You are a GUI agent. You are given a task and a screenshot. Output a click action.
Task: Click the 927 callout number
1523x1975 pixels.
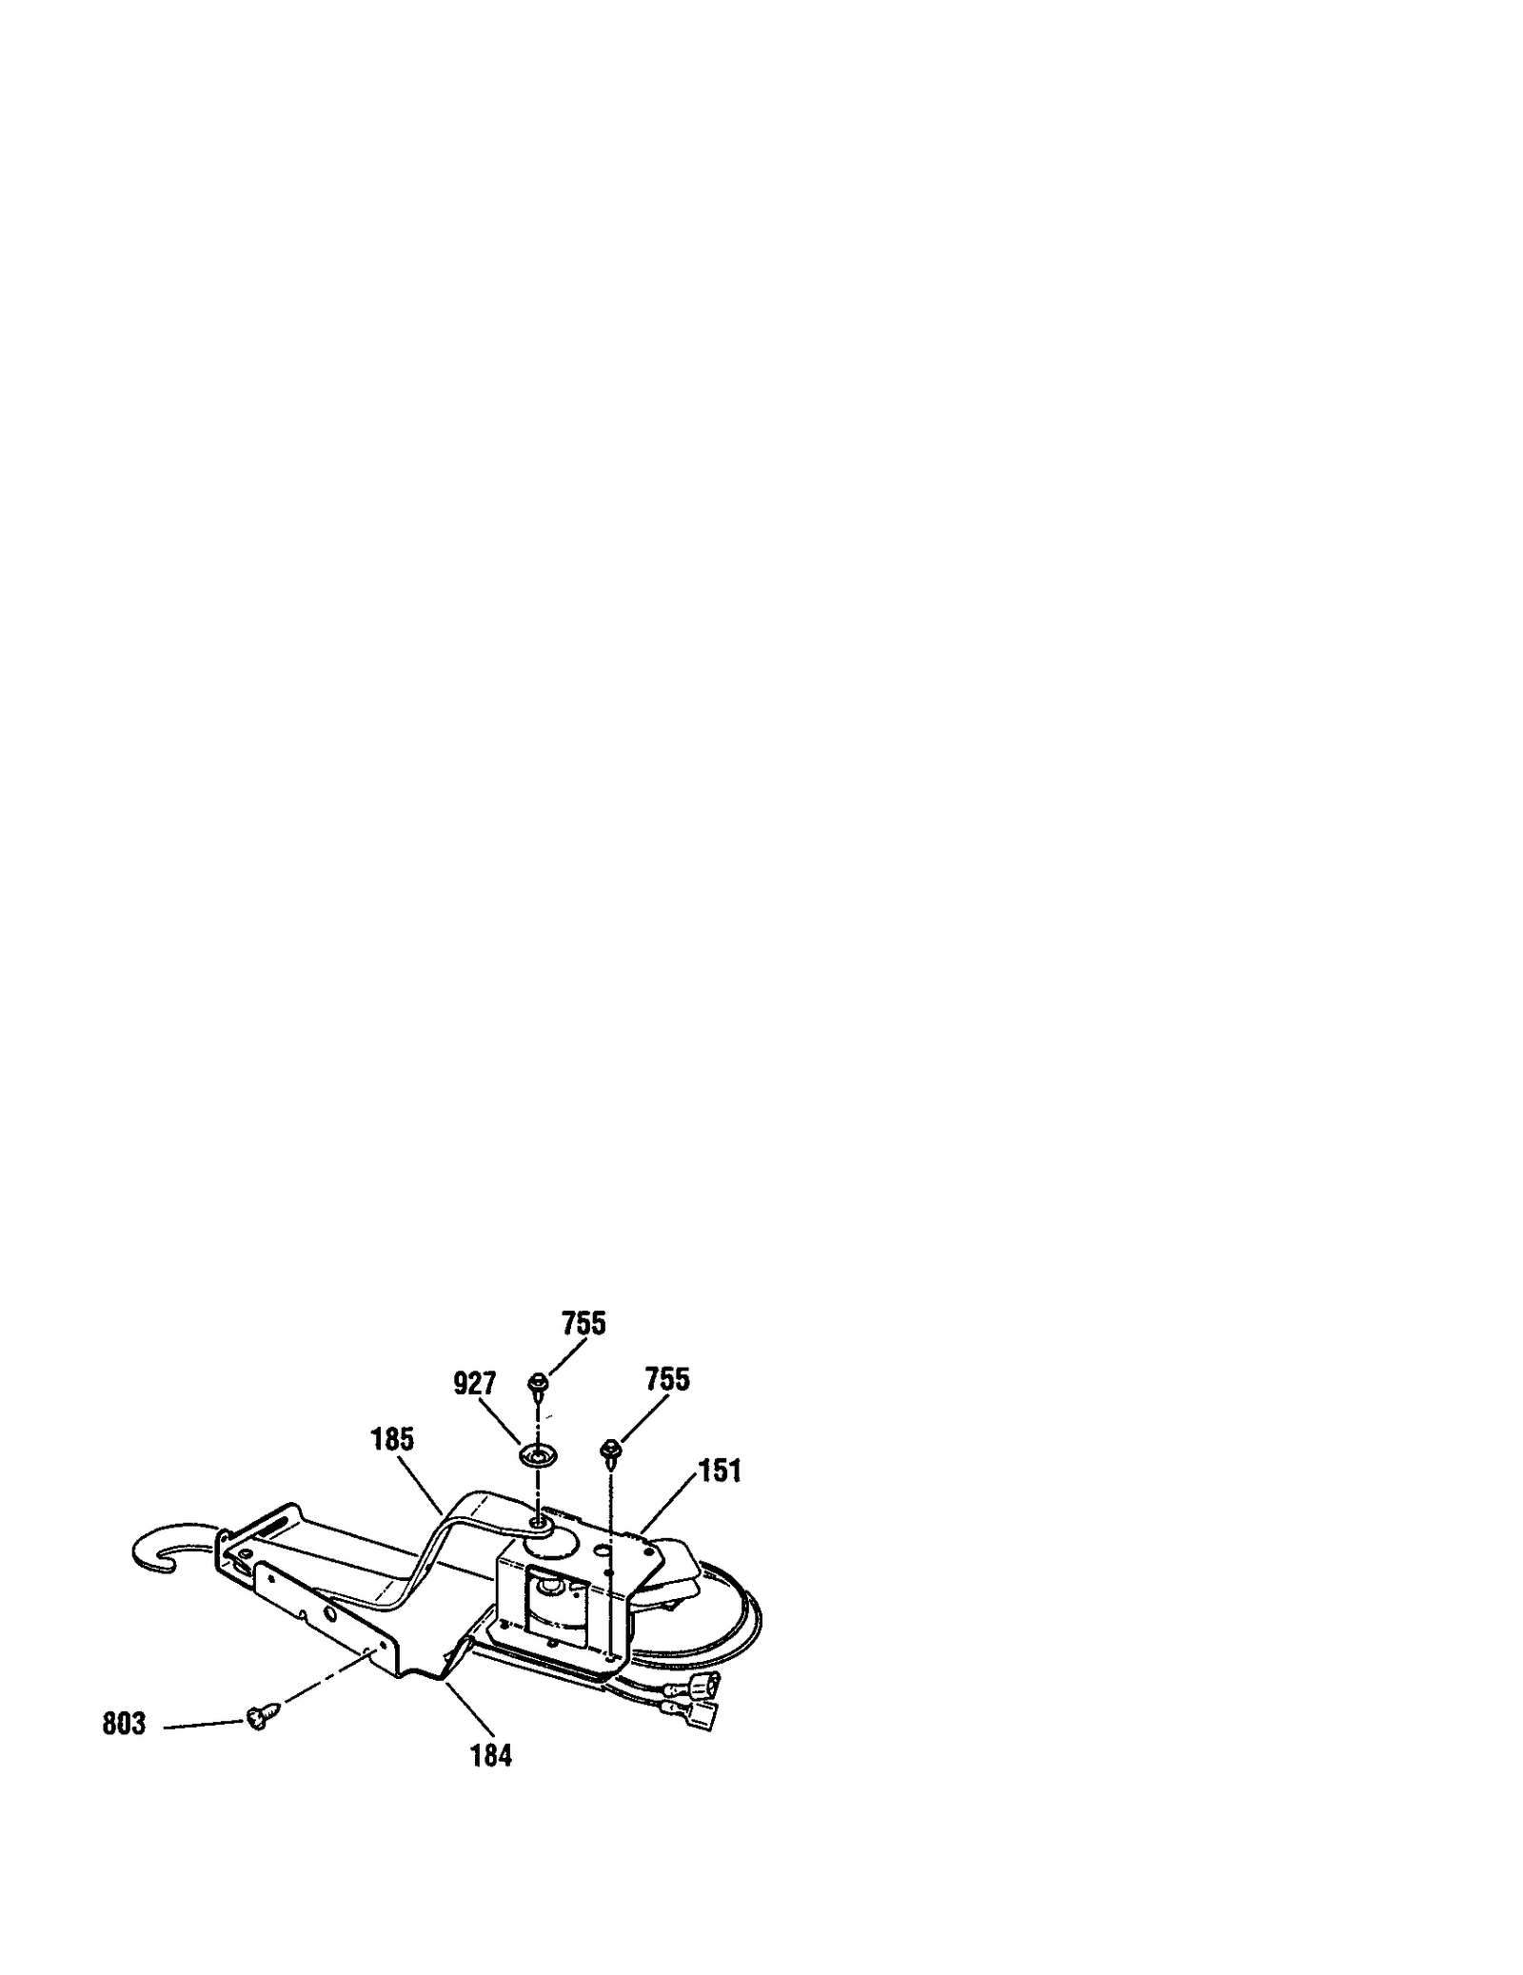474,1383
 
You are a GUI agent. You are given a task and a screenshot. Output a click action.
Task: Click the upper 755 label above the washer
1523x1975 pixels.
583,1323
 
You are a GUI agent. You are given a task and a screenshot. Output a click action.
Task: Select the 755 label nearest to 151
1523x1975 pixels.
667,1379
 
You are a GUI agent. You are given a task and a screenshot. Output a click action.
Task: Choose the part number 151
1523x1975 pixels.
720,1471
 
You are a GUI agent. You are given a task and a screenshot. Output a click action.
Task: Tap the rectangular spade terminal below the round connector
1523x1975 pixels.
702,1715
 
